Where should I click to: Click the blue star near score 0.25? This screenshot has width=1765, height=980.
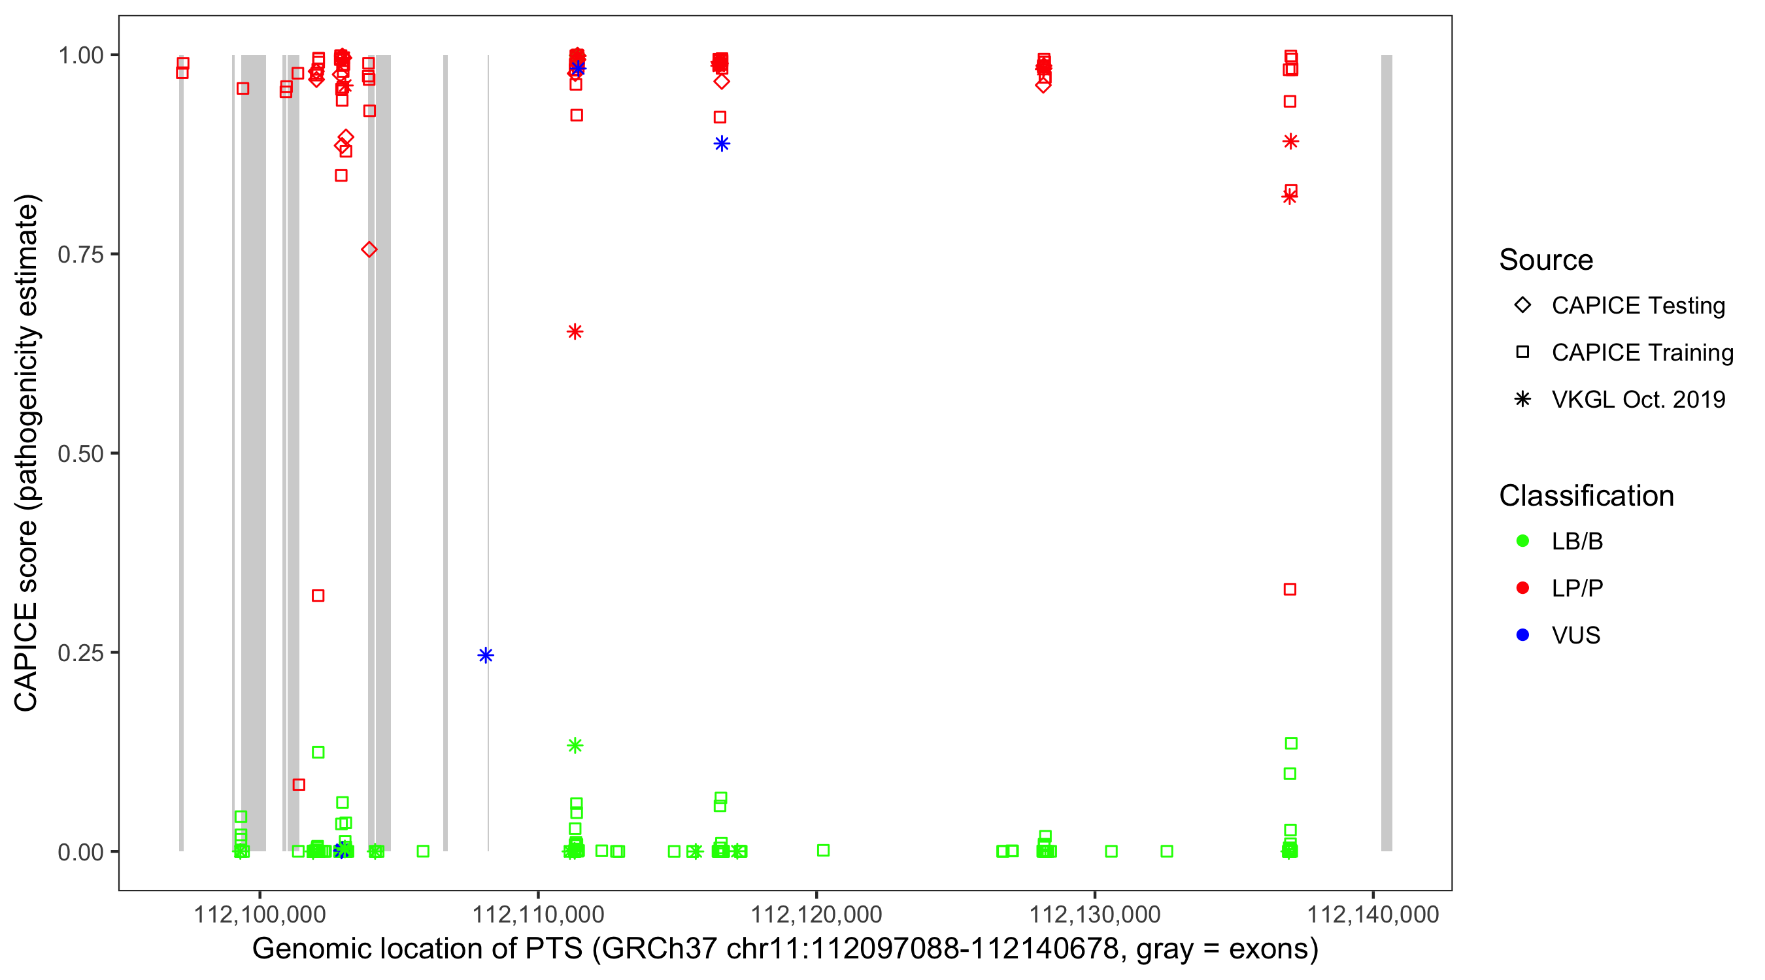[x=486, y=655]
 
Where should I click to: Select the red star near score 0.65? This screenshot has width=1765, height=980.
[x=575, y=332]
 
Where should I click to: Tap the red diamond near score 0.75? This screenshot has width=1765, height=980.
[x=369, y=250]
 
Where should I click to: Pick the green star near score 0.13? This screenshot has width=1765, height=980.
[x=575, y=745]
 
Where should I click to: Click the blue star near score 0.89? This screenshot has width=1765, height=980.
[x=722, y=144]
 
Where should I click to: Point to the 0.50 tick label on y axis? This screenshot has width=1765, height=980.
[x=80, y=453]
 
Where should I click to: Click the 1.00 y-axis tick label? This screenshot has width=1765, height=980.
[x=80, y=55]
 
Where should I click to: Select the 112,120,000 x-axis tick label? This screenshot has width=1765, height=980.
[x=816, y=914]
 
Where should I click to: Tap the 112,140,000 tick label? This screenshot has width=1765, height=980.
[x=1372, y=914]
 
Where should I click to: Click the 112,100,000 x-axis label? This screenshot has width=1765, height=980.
[x=260, y=914]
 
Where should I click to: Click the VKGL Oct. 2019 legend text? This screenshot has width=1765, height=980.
[x=1638, y=399]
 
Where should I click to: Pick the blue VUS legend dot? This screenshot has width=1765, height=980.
[x=1522, y=635]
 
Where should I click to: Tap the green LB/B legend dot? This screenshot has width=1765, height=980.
[x=1522, y=541]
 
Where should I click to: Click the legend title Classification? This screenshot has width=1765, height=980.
[x=1586, y=496]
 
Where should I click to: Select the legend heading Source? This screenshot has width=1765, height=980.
[x=1546, y=260]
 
